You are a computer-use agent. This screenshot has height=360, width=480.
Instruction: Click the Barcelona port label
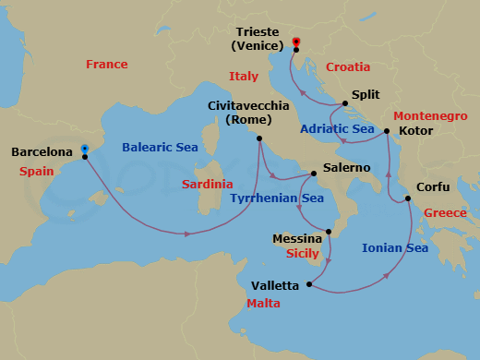[42, 152]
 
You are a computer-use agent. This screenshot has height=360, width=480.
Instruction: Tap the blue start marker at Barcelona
[84, 148]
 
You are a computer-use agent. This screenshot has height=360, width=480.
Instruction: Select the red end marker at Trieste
[296, 42]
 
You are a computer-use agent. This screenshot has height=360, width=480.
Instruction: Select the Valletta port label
[278, 283]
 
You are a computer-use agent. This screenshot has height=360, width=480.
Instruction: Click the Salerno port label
[346, 168]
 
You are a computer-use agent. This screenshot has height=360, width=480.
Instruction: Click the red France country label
[106, 65]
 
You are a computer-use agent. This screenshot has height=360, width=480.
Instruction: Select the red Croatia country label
[348, 67]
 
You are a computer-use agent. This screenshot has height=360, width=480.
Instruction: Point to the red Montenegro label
[431, 116]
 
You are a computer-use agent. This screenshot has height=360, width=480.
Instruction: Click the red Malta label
[263, 304]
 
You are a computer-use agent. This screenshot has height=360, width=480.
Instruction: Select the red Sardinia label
[208, 184]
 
